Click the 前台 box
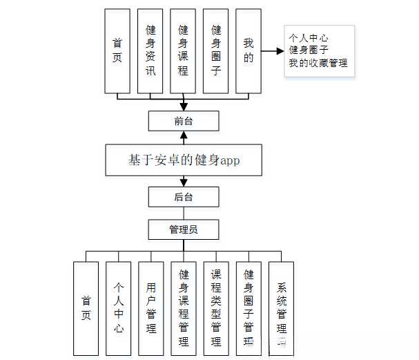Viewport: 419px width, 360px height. (x=184, y=122)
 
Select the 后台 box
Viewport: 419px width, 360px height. (x=184, y=197)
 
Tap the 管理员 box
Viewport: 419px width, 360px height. (x=184, y=229)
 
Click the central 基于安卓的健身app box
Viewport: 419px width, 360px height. (x=184, y=160)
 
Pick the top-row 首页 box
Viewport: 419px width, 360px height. (x=117, y=50)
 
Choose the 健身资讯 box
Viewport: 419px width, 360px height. (x=150, y=50)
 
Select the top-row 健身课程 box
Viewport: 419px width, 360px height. (x=183, y=50)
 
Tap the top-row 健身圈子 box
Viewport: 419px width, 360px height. (x=216, y=50)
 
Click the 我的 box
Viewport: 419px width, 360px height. (x=249, y=50)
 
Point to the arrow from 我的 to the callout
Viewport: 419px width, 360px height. (x=273, y=50)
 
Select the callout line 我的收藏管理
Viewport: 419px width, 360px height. (x=318, y=64)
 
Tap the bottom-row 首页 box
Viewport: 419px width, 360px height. (x=86, y=308)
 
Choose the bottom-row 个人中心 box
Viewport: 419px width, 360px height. (x=119, y=308)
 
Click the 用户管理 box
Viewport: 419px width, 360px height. (x=151, y=308)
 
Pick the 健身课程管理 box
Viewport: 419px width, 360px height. (x=184, y=308)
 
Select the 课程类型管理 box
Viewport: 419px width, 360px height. (x=216, y=308)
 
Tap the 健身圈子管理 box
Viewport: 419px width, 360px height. (x=249, y=308)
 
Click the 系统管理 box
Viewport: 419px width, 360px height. (x=281, y=308)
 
